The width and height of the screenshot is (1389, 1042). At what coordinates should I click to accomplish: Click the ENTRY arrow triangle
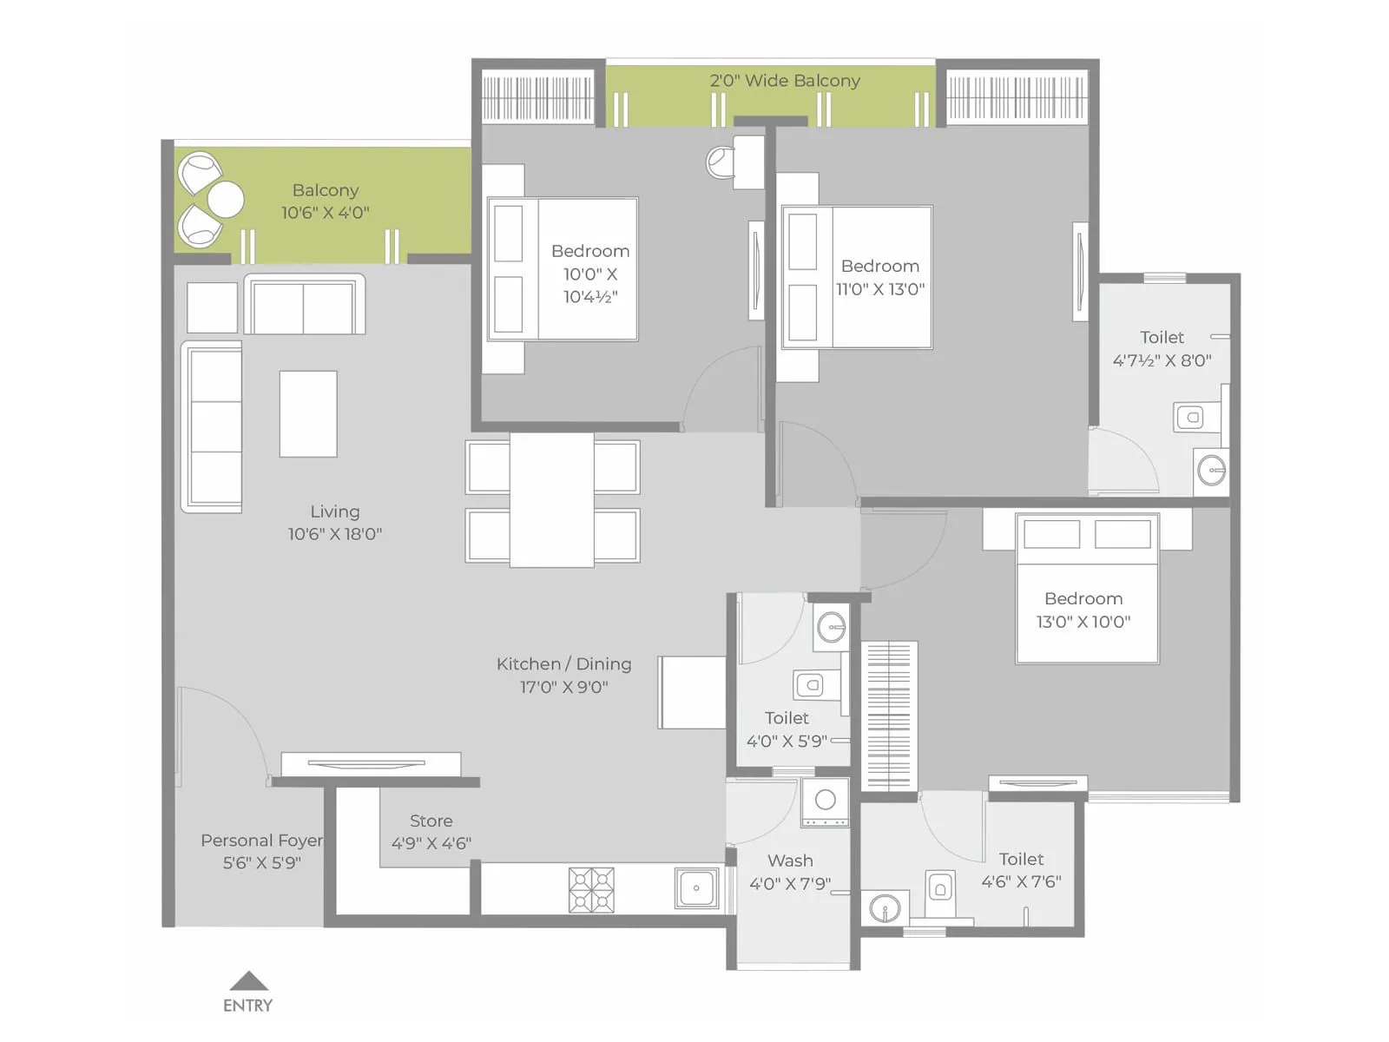(x=249, y=982)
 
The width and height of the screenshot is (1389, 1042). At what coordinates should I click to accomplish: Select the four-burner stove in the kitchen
(x=591, y=890)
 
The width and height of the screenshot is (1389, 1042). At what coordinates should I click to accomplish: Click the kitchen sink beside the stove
(x=696, y=888)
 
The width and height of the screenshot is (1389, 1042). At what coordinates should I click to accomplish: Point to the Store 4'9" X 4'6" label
(x=431, y=832)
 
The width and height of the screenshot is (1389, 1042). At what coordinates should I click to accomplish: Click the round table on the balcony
(x=226, y=200)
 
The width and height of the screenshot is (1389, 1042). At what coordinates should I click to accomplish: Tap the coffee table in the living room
(x=307, y=414)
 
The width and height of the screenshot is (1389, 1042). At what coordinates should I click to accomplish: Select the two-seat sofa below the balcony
(x=304, y=306)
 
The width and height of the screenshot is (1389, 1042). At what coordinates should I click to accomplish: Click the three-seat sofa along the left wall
(x=212, y=426)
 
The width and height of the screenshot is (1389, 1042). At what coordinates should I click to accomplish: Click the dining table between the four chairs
(x=552, y=501)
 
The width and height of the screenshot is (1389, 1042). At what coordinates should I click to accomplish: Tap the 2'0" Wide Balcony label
(x=785, y=81)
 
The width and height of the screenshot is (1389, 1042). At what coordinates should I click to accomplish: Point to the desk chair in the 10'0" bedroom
(x=721, y=162)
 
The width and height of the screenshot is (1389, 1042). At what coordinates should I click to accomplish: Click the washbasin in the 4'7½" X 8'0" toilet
(x=1210, y=471)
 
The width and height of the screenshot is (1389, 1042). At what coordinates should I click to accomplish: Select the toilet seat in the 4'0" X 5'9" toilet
(x=811, y=685)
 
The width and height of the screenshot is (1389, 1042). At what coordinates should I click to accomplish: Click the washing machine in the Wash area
(x=825, y=802)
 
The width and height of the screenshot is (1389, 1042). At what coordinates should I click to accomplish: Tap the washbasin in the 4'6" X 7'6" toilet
(x=885, y=909)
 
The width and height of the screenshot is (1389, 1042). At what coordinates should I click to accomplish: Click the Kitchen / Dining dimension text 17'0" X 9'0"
(x=564, y=687)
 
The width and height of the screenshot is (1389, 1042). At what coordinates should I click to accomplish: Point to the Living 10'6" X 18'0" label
(x=335, y=523)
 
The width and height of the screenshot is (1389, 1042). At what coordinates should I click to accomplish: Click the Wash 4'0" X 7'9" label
(x=790, y=872)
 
